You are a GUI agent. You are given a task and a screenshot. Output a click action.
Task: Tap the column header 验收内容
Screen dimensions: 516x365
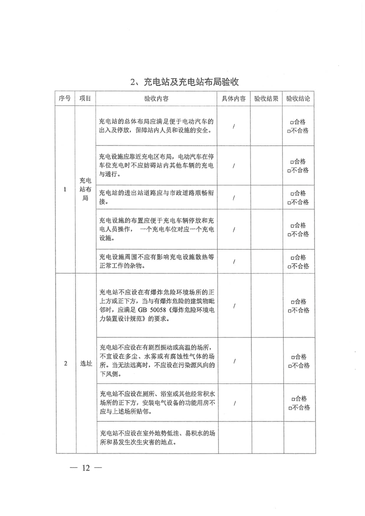click(156, 99)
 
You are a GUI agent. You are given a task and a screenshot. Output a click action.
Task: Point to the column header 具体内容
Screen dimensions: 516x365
click(234, 99)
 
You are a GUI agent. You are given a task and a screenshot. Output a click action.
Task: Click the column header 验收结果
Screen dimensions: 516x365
click(266, 99)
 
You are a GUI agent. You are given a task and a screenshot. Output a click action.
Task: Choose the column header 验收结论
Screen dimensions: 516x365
click(298, 99)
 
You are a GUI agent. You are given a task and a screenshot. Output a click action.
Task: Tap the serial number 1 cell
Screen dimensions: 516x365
click(65, 189)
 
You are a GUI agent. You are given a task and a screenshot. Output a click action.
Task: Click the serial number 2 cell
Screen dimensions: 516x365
click(65, 363)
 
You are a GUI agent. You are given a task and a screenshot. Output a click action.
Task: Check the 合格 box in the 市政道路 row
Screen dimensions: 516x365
click(291, 193)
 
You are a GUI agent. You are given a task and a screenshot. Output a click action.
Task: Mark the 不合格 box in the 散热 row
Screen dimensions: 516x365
click(288, 266)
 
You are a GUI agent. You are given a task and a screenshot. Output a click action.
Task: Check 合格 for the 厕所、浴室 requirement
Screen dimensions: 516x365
click(291, 399)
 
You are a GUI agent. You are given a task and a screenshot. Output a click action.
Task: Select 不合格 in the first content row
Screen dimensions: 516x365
click(288, 131)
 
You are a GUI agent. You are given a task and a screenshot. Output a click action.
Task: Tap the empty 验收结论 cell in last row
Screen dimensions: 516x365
click(298, 437)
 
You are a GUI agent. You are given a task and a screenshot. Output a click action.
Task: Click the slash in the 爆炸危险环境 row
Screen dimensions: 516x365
click(234, 306)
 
